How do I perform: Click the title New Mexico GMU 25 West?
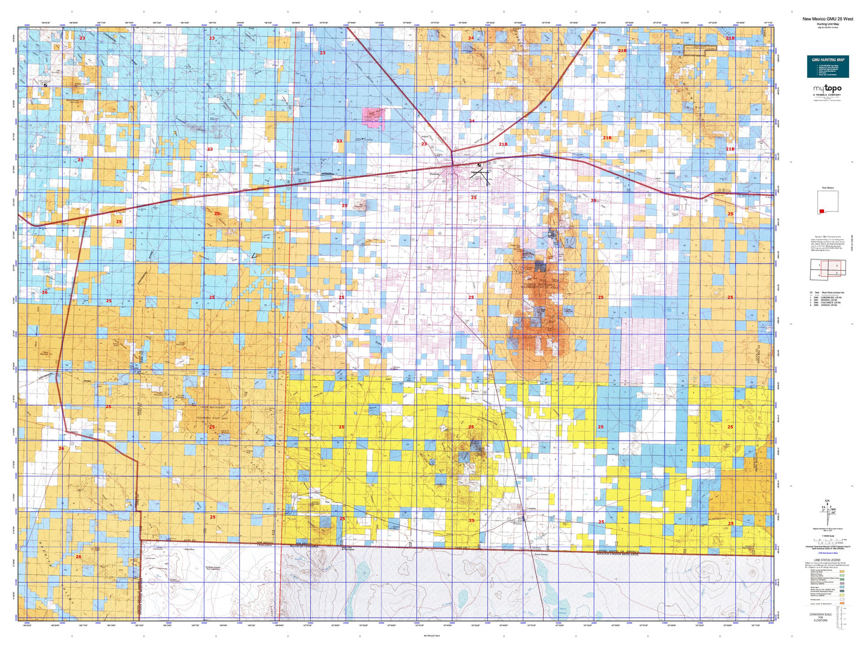828,19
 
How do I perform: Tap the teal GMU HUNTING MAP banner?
828,66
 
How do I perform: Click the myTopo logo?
827,90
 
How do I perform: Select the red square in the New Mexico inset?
823,211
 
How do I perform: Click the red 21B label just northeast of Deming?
503,144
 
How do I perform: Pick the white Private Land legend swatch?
842,600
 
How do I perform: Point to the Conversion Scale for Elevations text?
820,618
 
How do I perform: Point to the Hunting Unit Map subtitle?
828,23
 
